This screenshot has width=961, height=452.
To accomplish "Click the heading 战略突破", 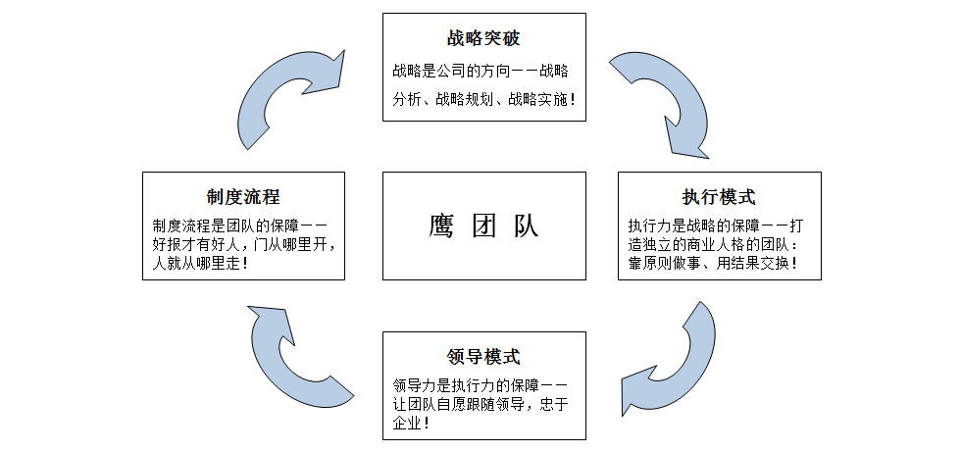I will [483, 39].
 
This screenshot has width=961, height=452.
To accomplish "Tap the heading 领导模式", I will [483, 356].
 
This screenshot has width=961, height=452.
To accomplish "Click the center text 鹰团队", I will [483, 226].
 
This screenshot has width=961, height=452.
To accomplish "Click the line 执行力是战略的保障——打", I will [719, 225].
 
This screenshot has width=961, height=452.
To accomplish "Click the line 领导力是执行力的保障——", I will [480, 384].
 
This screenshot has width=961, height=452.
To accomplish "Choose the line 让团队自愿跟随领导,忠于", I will [480, 404].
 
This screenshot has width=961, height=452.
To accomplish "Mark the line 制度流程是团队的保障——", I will [240, 225].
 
